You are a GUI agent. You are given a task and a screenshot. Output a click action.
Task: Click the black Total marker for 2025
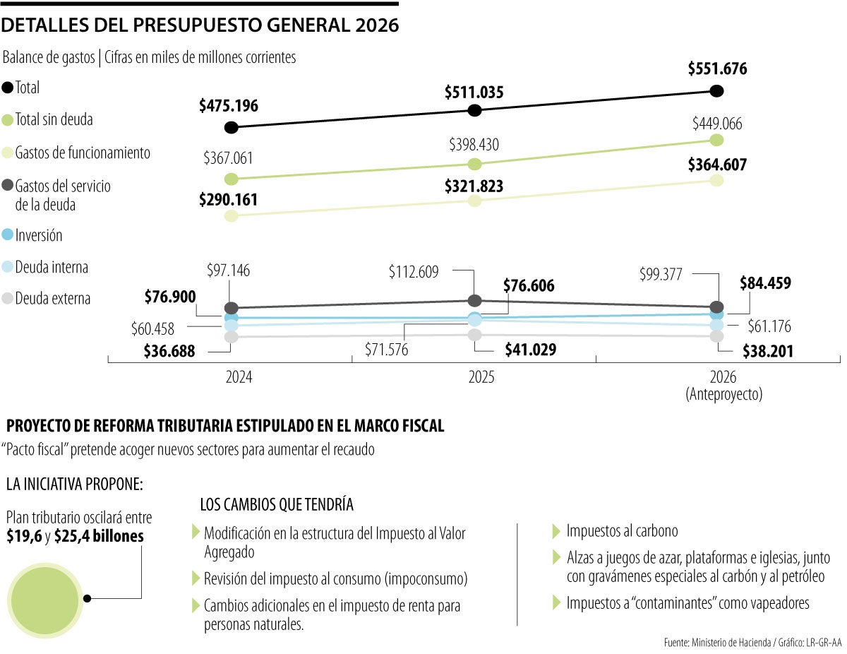click(475, 110)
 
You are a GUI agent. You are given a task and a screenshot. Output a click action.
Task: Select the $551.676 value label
click(717, 69)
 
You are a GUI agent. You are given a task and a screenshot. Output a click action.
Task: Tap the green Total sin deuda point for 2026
click(716, 140)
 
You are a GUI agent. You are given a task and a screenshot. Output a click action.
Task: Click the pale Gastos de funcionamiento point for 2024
click(230, 216)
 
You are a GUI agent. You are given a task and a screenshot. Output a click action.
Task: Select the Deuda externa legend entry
click(47, 298)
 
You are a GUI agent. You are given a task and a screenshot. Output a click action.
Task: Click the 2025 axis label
click(481, 378)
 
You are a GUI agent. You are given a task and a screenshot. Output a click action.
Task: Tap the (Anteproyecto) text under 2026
click(724, 395)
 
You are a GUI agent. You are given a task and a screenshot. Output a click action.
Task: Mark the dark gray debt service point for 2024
click(230, 308)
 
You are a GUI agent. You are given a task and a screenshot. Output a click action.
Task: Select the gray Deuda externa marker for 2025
click(475, 334)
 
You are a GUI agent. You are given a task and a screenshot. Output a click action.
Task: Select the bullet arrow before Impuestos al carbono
click(556, 530)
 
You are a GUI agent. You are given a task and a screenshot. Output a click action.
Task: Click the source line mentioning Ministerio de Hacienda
click(752, 642)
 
